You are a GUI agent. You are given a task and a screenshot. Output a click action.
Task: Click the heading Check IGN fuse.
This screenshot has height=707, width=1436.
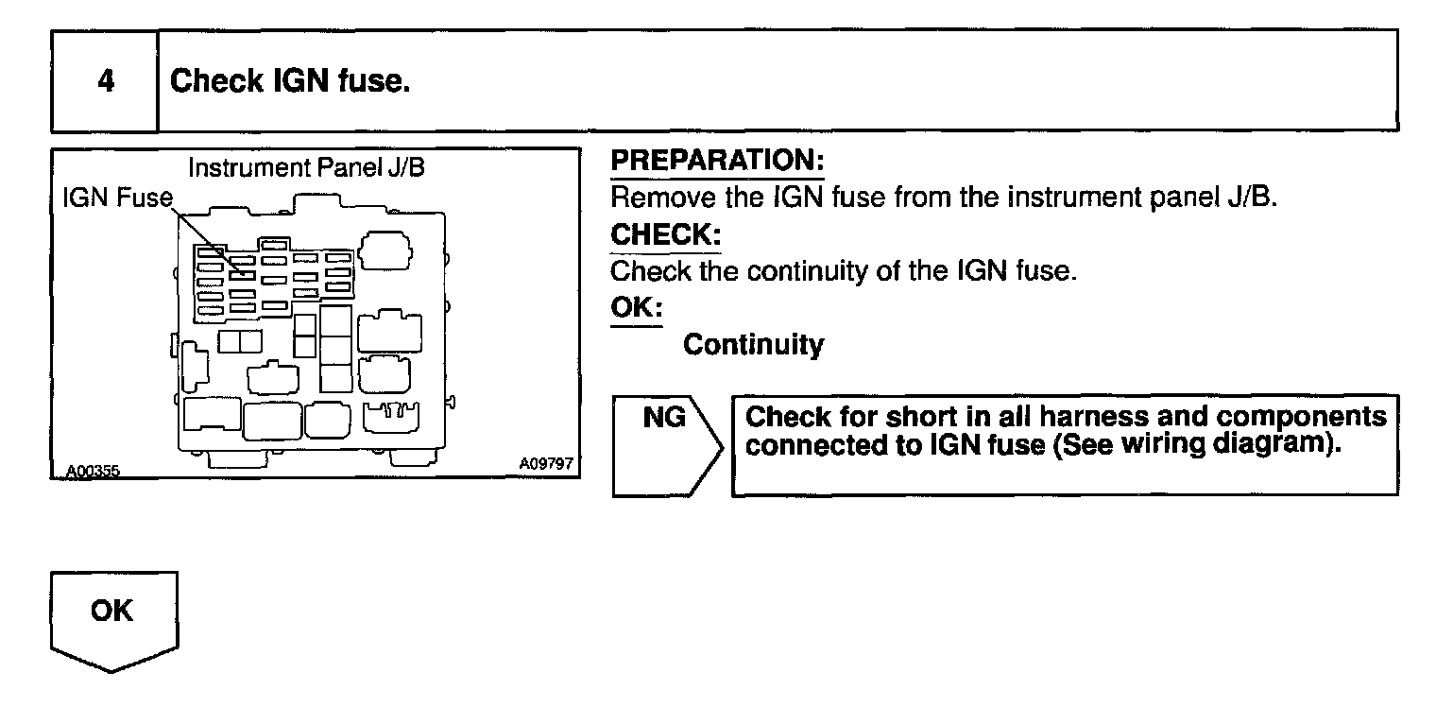point(289,81)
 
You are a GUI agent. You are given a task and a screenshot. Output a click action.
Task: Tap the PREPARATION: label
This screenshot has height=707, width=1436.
point(718,162)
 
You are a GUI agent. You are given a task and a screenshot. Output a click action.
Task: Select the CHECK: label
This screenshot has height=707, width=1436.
point(665,234)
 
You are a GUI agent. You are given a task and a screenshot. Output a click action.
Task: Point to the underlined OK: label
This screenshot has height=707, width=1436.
point(637,308)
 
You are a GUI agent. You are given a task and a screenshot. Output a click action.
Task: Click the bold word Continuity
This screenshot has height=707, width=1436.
point(753,345)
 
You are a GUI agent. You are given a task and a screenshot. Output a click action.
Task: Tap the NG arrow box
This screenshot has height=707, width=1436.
point(664,444)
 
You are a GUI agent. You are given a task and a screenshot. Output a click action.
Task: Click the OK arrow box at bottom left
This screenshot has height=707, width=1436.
point(112,619)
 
